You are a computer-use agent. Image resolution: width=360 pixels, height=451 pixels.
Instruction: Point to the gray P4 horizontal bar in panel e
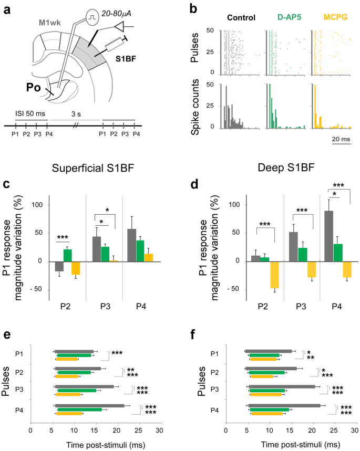click(89, 405)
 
